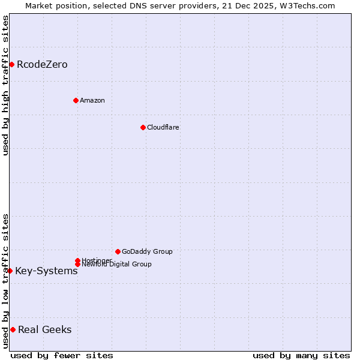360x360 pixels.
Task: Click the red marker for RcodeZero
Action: [x=11, y=64]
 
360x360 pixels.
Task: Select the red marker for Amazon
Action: [x=76, y=100]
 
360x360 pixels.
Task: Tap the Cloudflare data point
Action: [x=143, y=127]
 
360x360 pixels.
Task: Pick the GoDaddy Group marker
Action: [x=118, y=251]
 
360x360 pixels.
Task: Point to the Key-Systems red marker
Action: [x=10, y=271]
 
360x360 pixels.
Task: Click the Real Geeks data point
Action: [x=13, y=329]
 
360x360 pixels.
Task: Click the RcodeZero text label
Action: [x=42, y=64]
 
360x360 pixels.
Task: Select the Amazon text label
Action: [x=92, y=100]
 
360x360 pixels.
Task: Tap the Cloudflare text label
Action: [x=163, y=127]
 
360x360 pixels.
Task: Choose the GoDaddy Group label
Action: [x=147, y=251]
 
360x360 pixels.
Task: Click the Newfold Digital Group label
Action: [x=116, y=265]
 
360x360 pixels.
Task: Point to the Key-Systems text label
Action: [x=46, y=271]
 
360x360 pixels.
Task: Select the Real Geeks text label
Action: [x=44, y=329]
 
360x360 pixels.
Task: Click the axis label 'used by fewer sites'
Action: [x=62, y=355]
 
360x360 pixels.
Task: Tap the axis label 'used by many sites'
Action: [x=301, y=355]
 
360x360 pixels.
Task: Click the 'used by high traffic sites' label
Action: [x=5, y=85]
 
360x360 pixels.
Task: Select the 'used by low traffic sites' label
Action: [x=5, y=280]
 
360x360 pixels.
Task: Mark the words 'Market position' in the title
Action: [x=53, y=5]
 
